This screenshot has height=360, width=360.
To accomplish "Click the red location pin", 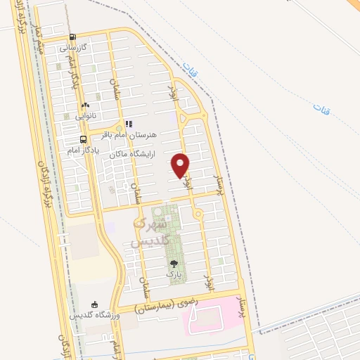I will point(181,165).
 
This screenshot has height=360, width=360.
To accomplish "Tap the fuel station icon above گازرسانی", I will point(73,39).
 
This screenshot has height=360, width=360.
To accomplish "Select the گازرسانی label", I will point(73,49).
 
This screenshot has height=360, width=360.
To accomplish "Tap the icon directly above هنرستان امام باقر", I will point(129,123).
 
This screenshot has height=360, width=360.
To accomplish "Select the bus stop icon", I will point(84,139).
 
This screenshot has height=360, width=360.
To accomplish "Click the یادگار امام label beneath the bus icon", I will point(83,150).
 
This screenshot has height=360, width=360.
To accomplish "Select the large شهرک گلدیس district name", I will point(148,233).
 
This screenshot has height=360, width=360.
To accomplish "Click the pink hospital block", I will point(210,316).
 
